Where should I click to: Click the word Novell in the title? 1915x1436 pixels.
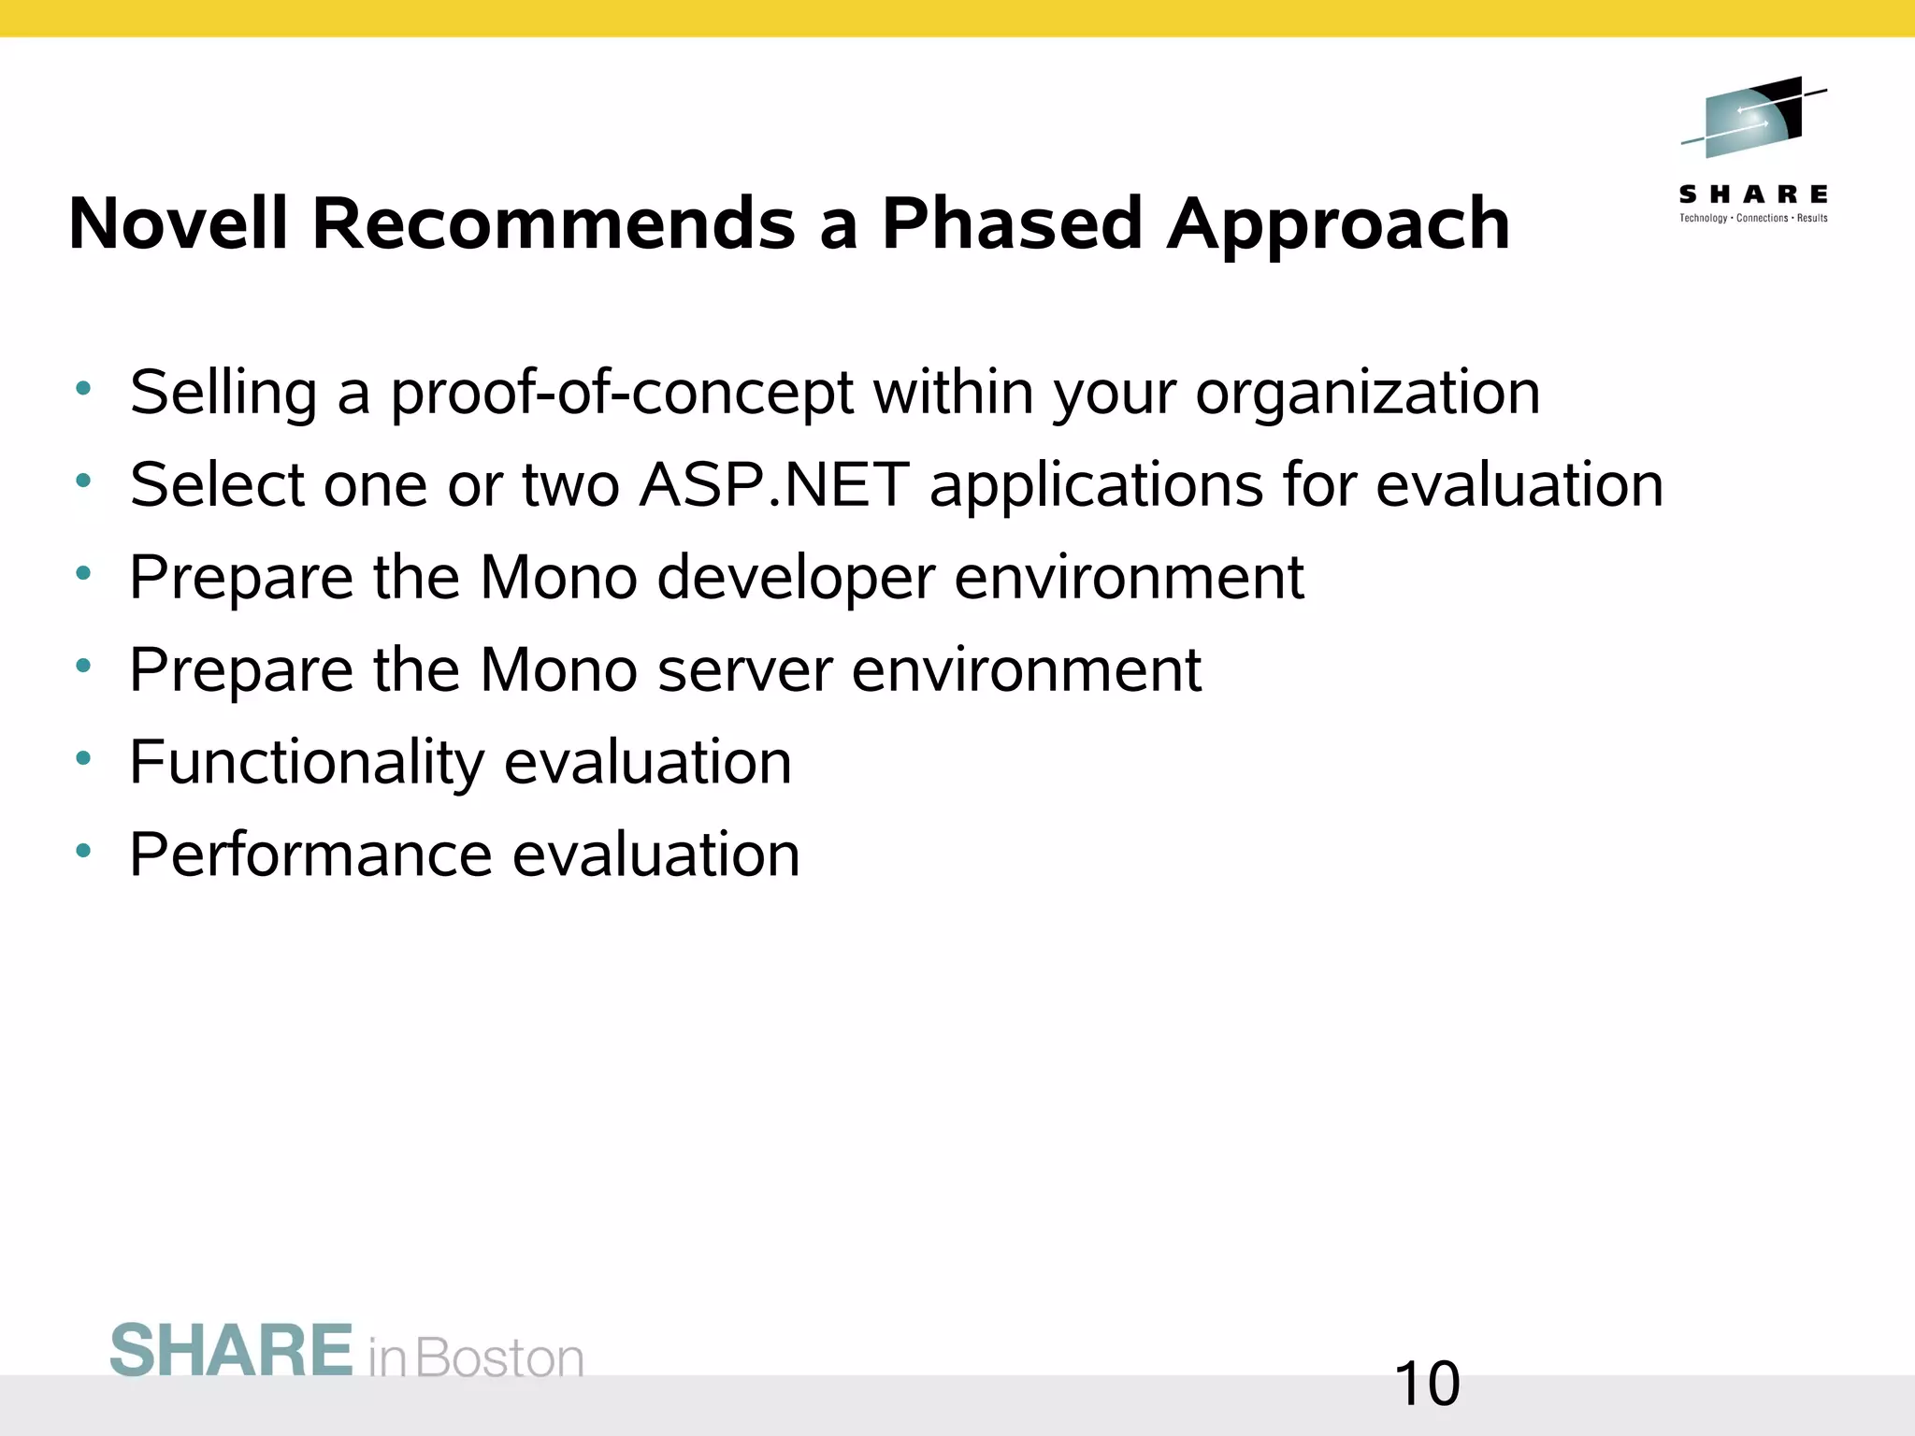coord(178,224)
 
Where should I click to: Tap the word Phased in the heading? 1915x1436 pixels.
coord(1012,224)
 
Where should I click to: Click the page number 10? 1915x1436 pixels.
coord(1426,1385)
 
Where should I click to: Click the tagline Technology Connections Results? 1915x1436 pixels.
coord(1753,219)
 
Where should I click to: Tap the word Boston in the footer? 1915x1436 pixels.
coord(499,1358)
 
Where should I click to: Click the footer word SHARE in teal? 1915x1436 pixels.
coord(231,1351)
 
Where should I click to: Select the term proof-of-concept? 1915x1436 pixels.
coord(621,393)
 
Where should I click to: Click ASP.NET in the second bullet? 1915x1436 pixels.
coord(774,485)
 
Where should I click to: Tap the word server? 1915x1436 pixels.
coord(744,671)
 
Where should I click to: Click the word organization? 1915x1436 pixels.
coord(1367,393)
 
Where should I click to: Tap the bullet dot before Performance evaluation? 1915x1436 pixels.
coord(83,851)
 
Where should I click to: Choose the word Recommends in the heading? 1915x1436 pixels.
coord(553,224)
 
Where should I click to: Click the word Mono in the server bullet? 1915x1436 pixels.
coord(558,670)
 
